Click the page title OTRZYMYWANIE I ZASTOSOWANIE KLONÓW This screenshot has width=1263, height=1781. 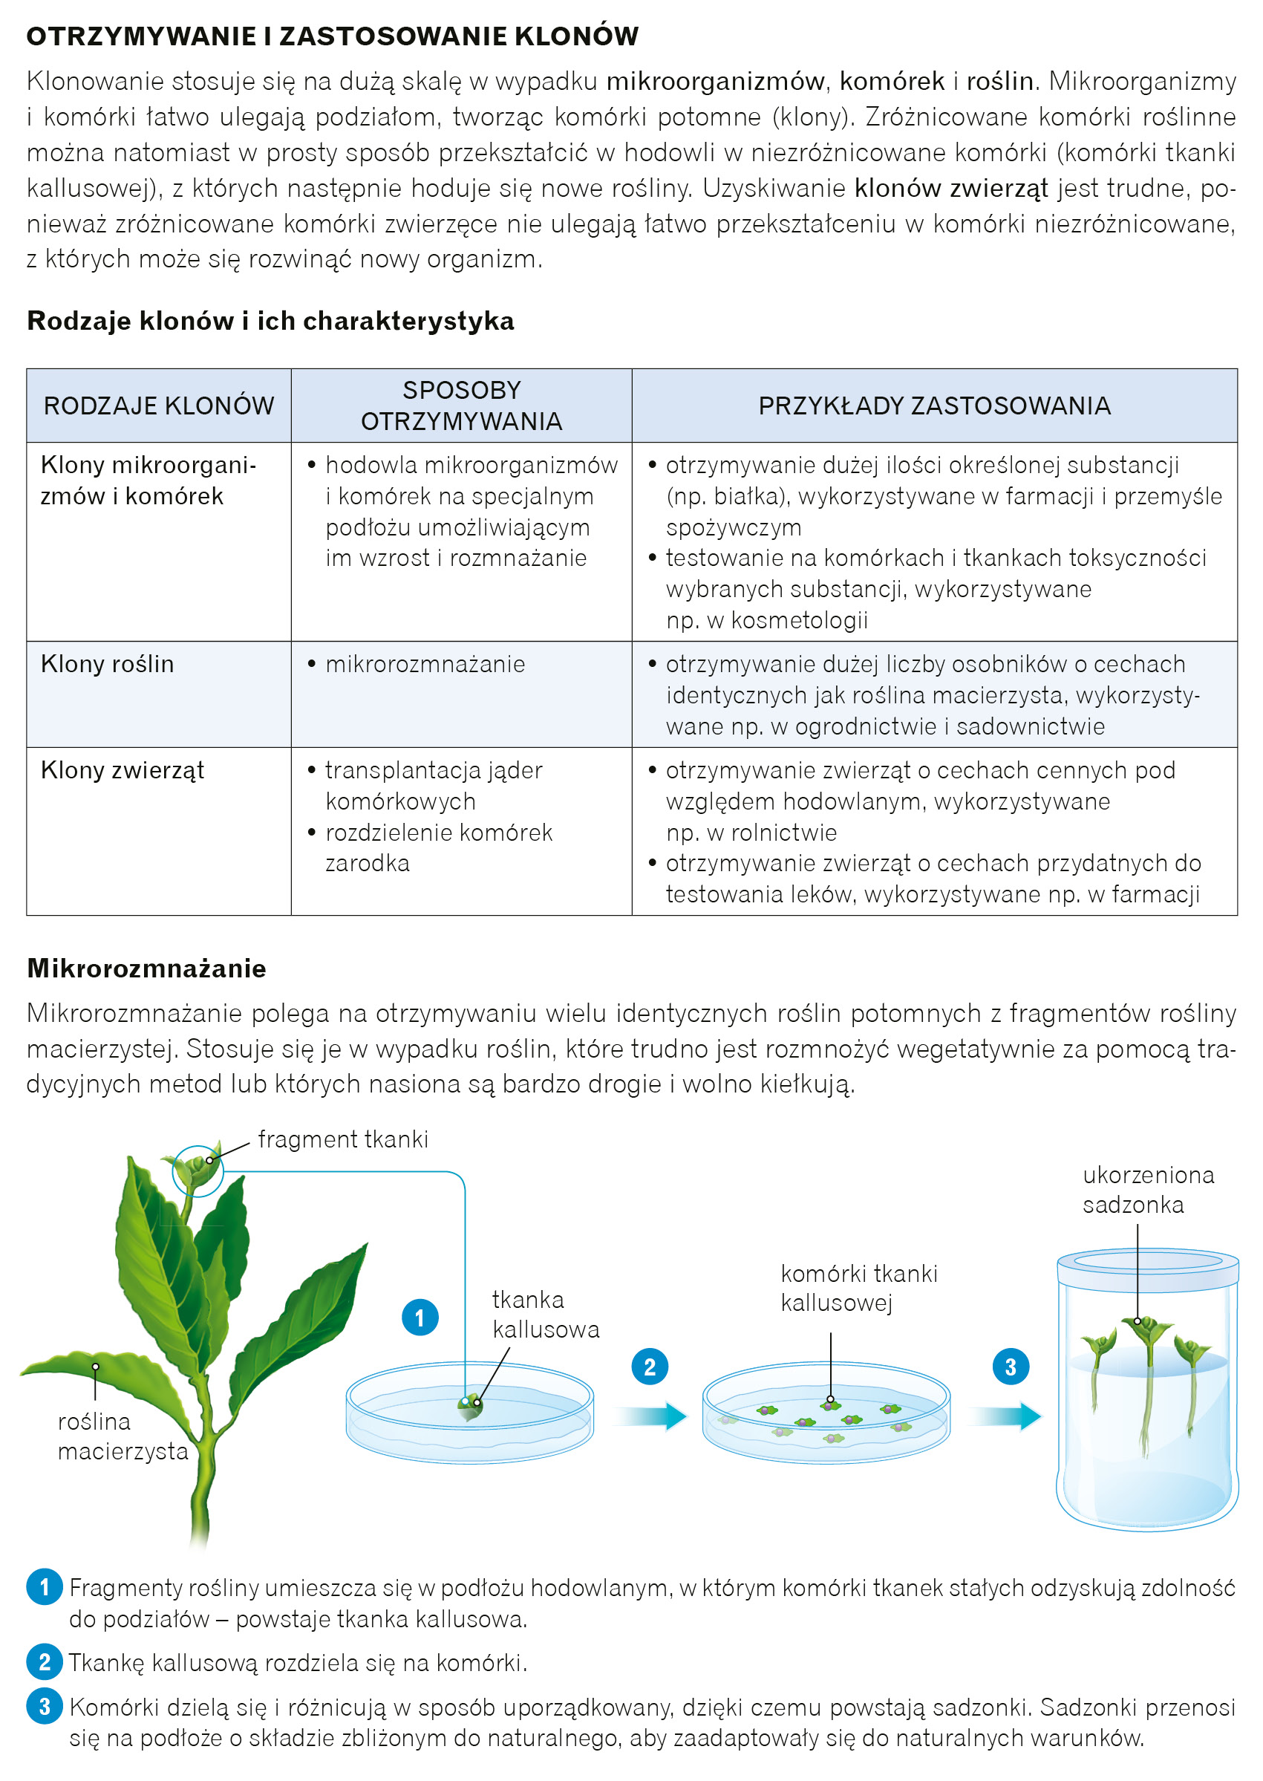[332, 36]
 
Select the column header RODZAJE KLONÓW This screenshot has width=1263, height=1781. [159, 406]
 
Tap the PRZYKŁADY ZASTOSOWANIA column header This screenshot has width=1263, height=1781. [934, 406]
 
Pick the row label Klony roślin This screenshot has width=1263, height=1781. [108, 663]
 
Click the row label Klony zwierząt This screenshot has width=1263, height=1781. [122, 770]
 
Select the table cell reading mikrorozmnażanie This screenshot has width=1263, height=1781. [425, 663]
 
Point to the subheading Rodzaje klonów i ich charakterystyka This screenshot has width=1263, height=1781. [270, 320]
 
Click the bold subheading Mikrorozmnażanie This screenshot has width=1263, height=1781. [146, 968]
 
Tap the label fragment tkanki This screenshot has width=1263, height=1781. [343, 1139]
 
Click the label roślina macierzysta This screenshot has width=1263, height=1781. [123, 1436]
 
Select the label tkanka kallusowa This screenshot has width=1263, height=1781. [545, 1315]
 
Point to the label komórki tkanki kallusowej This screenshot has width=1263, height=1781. [858, 1288]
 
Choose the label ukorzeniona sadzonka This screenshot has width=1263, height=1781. [1148, 1189]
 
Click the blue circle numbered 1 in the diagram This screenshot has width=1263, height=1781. [420, 1318]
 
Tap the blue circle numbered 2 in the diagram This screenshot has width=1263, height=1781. [650, 1367]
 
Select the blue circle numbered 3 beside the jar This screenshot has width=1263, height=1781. [1011, 1367]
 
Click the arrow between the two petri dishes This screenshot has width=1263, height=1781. [653, 1416]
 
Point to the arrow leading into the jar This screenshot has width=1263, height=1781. [1008, 1416]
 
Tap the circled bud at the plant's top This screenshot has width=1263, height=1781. [198, 1170]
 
